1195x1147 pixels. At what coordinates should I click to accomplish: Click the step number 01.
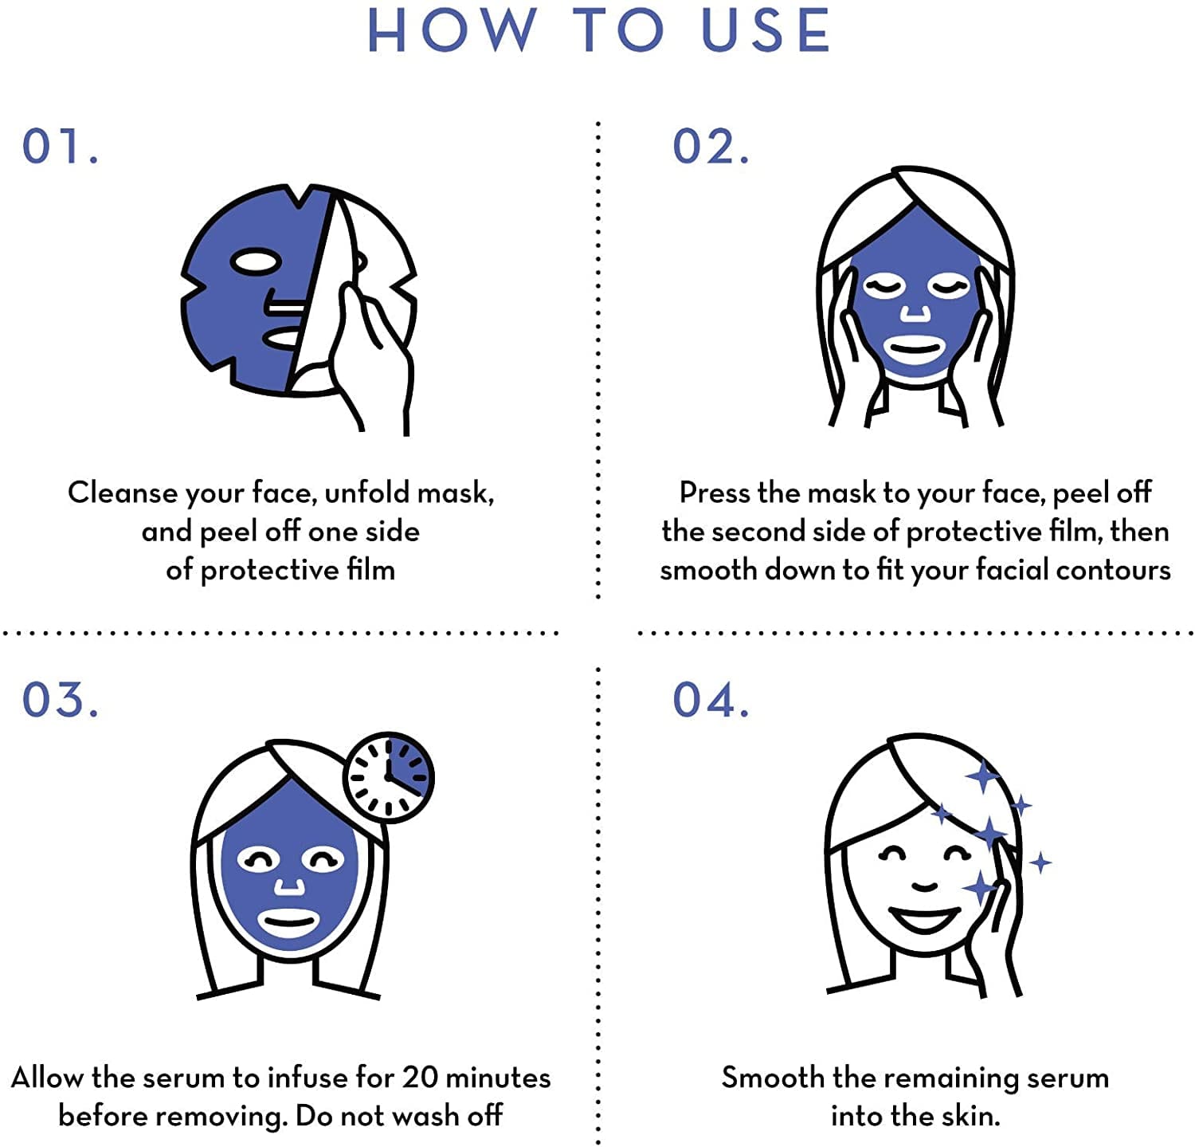[61, 146]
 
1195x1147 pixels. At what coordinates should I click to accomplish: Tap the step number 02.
[711, 146]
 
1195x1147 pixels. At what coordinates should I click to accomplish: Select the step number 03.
[61, 699]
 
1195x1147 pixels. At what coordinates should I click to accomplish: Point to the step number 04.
[711, 699]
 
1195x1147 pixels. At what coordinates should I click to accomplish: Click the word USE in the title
[766, 30]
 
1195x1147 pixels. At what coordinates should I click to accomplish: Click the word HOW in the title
[451, 30]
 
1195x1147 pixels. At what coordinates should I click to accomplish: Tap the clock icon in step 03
[389, 777]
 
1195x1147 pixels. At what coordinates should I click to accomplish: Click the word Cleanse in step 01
[123, 493]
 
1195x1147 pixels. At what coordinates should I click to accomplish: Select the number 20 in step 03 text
[420, 1078]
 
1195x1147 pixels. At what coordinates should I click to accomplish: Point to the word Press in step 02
[715, 493]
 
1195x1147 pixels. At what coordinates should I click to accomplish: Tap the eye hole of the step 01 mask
[255, 261]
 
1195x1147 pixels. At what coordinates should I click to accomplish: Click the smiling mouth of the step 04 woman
[924, 920]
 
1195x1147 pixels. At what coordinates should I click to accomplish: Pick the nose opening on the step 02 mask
[915, 313]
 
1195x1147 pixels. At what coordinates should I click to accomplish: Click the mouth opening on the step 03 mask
[290, 925]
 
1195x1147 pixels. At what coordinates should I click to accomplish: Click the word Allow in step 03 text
[47, 1078]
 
